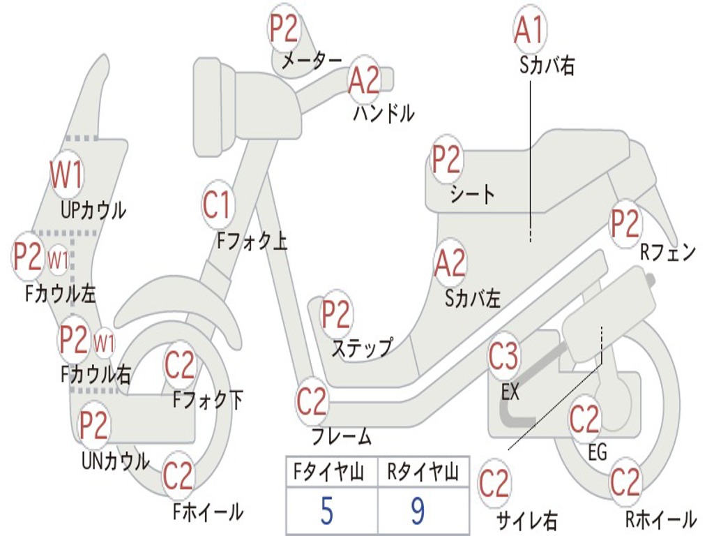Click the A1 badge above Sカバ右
pos(529,29)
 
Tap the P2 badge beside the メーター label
pos(284,28)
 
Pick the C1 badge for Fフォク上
pos(218,204)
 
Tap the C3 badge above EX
pos(503,356)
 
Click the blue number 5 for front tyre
pos(327,511)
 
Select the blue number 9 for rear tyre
pos(418,511)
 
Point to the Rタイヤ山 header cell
pos(423,472)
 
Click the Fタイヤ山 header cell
pos(332,472)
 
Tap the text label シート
pos(472,195)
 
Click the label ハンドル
pos(384,114)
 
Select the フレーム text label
pos(342,436)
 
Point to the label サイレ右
pos(527,521)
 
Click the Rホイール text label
pos(661,519)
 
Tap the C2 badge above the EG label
pos(585,419)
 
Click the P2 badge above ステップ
pos(336,314)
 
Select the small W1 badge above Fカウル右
pos(104,343)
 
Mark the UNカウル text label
pos(116,461)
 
